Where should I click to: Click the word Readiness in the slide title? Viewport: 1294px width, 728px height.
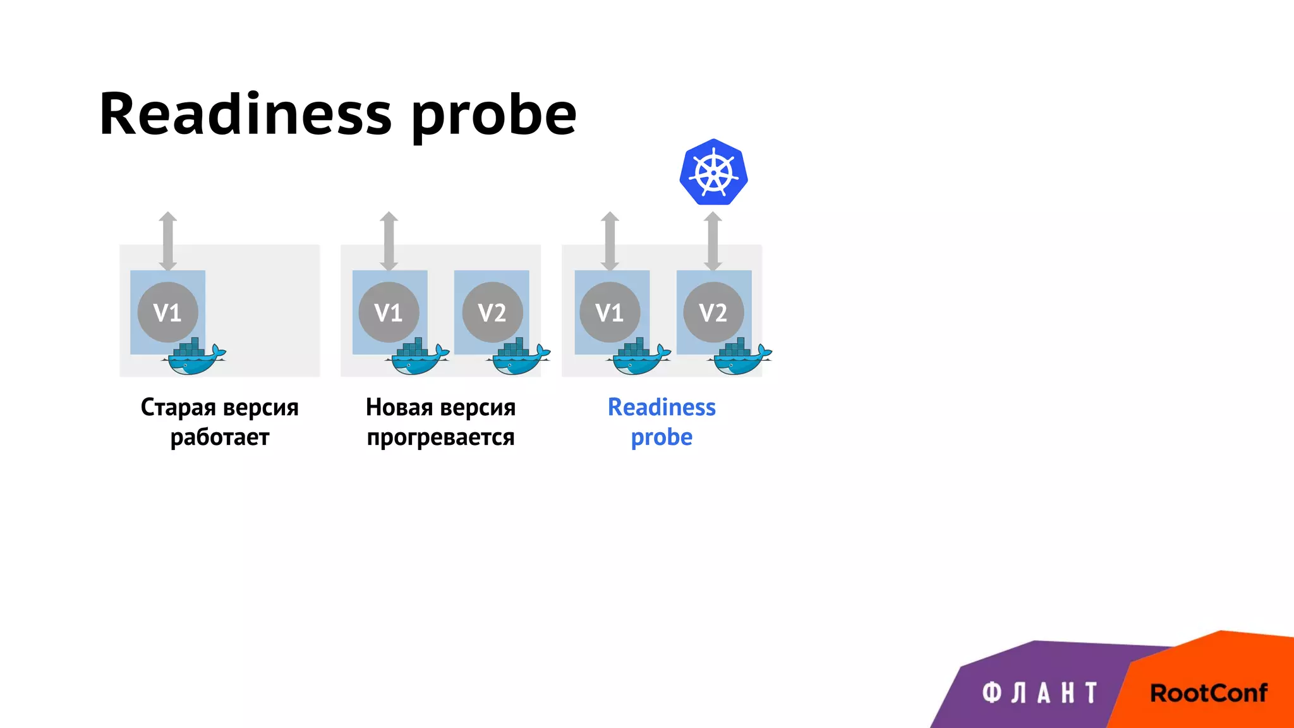(x=245, y=114)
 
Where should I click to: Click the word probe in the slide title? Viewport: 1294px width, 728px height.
(x=494, y=116)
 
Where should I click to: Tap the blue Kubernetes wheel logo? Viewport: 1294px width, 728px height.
(x=713, y=172)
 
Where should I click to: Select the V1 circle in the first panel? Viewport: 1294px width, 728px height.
(x=167, y=312)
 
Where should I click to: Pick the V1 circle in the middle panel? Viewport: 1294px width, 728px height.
(x=389, y=312)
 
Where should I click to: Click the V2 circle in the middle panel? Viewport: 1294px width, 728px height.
(x=492, y=312)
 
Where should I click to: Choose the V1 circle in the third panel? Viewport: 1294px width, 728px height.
(x=610, y=312)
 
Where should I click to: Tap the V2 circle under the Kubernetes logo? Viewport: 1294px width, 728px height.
(x=713, y=312)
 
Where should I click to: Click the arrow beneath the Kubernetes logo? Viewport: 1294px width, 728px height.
(x=713, y=241)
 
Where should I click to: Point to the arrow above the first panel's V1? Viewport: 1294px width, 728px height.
(x=167, y=241)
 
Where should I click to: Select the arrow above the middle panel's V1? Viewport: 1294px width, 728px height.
(x=389, y=241)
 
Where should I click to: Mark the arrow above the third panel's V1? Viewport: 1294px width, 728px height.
(x=610, y=241)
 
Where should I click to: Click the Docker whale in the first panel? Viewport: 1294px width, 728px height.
(x=195, y=358)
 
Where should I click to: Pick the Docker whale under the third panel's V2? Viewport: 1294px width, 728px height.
(x=741, y=358)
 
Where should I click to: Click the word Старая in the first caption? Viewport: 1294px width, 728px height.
(x=178, y=408)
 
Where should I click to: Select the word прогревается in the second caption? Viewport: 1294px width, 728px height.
(x=440, y=437)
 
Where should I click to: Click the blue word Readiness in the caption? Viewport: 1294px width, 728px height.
(x=662, y=408)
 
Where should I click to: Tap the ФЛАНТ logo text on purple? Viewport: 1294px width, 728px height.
(x=1039, y=693)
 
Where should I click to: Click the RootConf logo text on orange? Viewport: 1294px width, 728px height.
(x=1208, y=693)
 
